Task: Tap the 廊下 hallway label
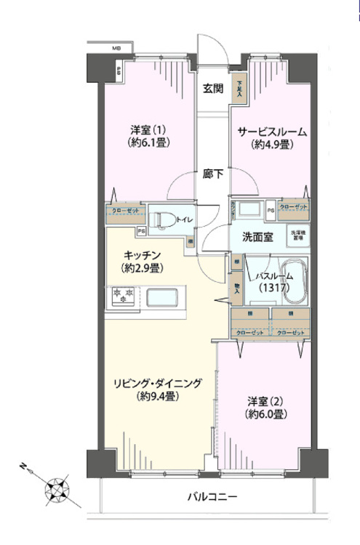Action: [x=212, y=174]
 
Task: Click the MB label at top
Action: [x=116, y=49]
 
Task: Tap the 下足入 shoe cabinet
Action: [x=240, y=86]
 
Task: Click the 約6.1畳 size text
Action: [x=150, y=143]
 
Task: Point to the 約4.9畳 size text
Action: [x=272, y=145]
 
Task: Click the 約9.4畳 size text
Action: [x=158, y=397]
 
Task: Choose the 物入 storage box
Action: [x=237, y=287]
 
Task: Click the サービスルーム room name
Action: [x=272, y=132]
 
